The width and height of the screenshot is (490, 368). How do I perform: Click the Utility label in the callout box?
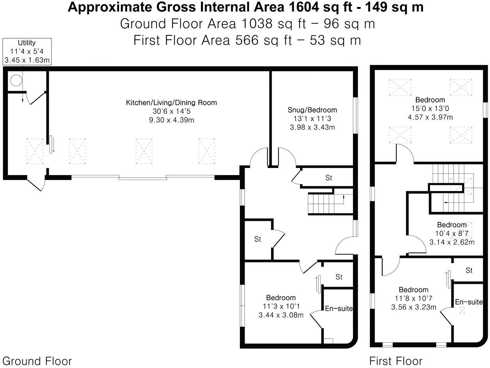pyautogui.click(x=27, y=43)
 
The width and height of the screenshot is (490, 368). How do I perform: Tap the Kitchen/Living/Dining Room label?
pyautogui.click(x=171, y=103)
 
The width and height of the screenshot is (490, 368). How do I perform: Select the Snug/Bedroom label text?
pyautogui.click(x=312, y=110)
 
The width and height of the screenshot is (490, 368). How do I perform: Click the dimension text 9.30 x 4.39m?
pyautogui.click(x=171, y=120)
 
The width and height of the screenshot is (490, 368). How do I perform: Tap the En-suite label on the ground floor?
pyautogui.click(x=339, y=308)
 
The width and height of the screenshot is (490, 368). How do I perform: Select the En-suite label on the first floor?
pyautogui.click(x=469, y=302)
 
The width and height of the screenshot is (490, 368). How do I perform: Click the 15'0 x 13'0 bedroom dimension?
pyautogui.click(x=430, y=108)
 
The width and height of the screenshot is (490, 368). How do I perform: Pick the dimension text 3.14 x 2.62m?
pyautogui.click(x=452, y=242)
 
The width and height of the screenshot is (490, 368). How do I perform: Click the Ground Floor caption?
pyautogui.click(x=37, y=361)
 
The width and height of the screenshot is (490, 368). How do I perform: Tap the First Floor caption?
pyautogui.click(x=396, y=361)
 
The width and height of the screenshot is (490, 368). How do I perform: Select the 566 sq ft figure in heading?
pyautogui.click(x=245, y=40)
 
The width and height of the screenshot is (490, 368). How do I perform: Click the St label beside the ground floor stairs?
pyautogui.click(x=328, y=178)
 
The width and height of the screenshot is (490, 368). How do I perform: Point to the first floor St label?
pyautogui.click(x=469, y=270)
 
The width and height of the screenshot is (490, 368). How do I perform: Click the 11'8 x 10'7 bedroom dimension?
pyautogui.click(x=414, y=298)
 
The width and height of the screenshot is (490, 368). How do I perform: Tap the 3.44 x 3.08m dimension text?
pyautogui.click(x=281, y=315)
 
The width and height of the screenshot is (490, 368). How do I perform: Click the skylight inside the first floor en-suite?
pyautogui.click(x=463, y=311)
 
